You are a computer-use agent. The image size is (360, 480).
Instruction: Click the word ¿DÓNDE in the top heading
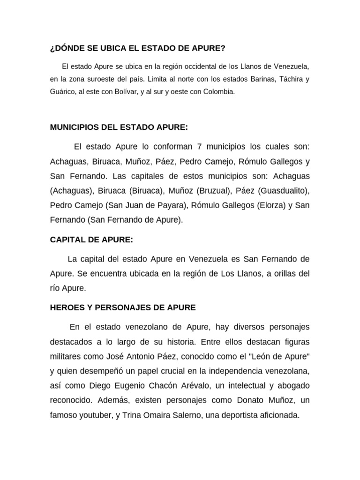point(65,48)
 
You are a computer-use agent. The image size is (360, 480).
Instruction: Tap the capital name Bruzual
point(216,190)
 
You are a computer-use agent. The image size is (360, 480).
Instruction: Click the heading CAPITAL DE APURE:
point(91,240)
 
